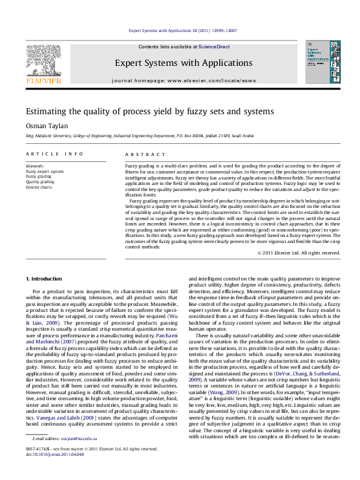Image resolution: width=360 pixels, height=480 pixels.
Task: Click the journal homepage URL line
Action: pos(180,80)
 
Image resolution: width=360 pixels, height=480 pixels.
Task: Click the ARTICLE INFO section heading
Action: pos(54,154)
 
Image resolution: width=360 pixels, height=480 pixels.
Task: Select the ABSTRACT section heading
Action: pos(141,154)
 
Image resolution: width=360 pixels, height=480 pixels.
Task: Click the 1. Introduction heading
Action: pos(45,278)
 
